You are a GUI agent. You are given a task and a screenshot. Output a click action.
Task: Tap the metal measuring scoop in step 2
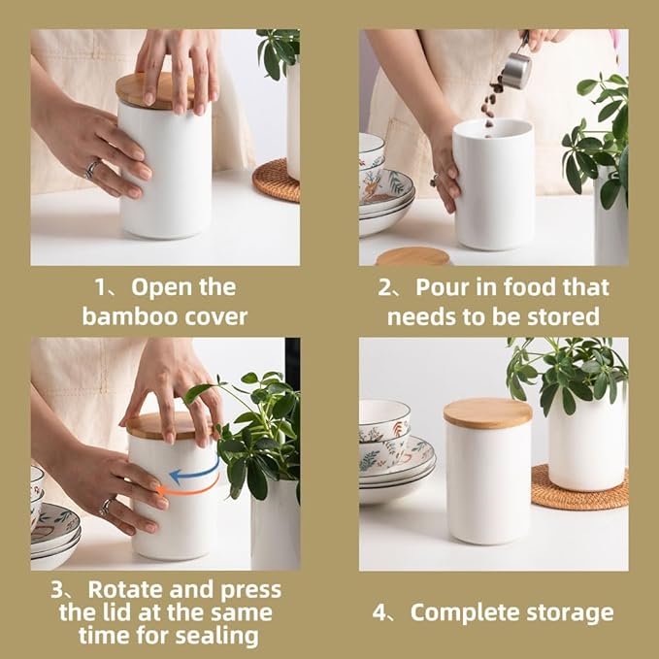tap(517, 69)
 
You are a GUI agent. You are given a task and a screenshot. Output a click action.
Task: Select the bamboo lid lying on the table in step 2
tap(412, 256)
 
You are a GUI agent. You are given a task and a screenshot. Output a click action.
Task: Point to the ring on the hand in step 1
tap(91, 169)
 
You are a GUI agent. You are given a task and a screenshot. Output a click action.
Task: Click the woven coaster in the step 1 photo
tap(277, 181)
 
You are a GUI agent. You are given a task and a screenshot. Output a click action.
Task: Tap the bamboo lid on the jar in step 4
tap(487, 412)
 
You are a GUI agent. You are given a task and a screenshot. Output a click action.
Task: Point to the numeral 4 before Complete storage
tap(380, 612)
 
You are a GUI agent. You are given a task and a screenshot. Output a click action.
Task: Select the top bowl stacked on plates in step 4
tap(384, 419)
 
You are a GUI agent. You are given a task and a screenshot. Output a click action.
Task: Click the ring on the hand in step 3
tap(106, 506)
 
